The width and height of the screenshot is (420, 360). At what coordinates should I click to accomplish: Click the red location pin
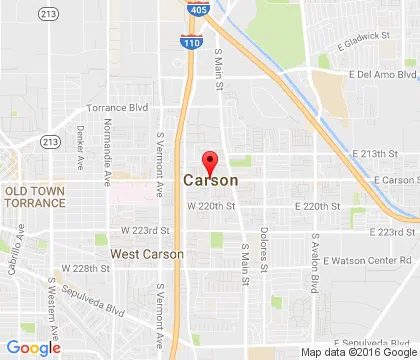pos(210,162)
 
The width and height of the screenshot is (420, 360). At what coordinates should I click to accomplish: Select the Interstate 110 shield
pos(187,42)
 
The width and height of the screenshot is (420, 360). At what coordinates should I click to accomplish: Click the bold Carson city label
pos(211,181)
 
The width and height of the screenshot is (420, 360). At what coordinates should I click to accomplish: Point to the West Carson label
pos(147,255)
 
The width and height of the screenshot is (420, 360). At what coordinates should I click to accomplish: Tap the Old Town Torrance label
pos(35,196)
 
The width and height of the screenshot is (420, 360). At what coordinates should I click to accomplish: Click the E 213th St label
pos(386,155)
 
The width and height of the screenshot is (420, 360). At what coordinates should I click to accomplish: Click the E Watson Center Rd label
pos(355,261)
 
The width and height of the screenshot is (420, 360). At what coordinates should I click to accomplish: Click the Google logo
pos(33,348)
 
